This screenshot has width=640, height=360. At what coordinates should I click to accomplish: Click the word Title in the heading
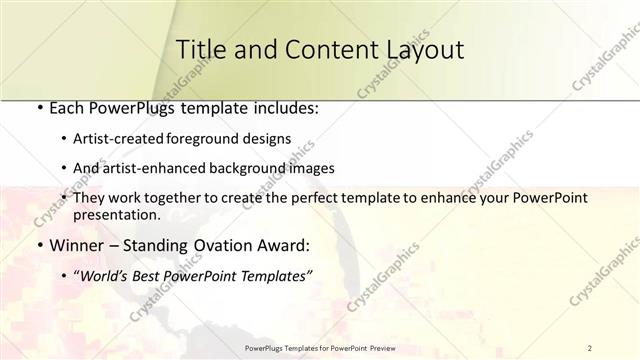tap(201, 49)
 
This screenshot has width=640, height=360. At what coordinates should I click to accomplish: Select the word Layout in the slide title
tap(418, 49)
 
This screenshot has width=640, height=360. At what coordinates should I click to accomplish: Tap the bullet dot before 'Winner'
tap(38, 245)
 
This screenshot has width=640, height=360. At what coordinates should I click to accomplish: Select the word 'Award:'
tap(285, 245)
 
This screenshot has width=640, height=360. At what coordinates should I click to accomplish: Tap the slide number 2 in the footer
tap(590, 348)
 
